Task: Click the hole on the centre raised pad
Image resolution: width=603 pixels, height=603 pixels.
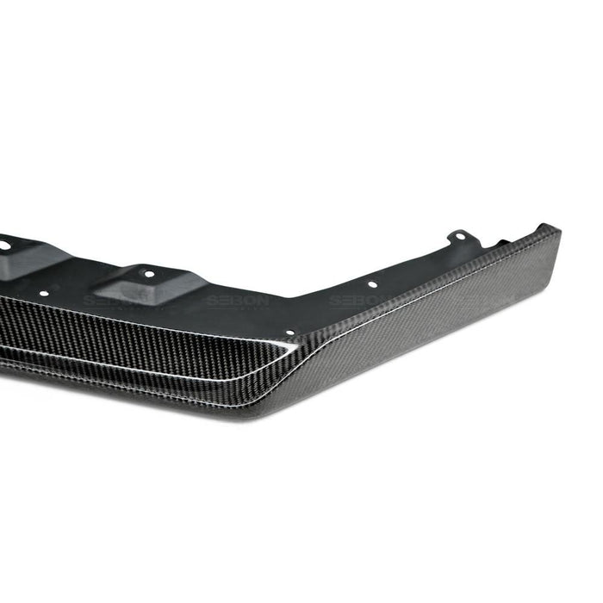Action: click(148, 273)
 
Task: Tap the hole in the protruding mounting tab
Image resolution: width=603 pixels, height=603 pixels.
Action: click(461, 235)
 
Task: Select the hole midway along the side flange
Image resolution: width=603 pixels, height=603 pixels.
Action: click(372, 283)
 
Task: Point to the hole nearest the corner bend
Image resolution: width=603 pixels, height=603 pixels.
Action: click(289, 332)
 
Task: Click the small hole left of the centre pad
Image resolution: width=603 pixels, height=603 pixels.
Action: click(43, 294)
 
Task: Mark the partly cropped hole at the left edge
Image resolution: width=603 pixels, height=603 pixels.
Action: click(3, 246)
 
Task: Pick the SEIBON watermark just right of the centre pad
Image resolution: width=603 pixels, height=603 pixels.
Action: click(237, 301)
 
